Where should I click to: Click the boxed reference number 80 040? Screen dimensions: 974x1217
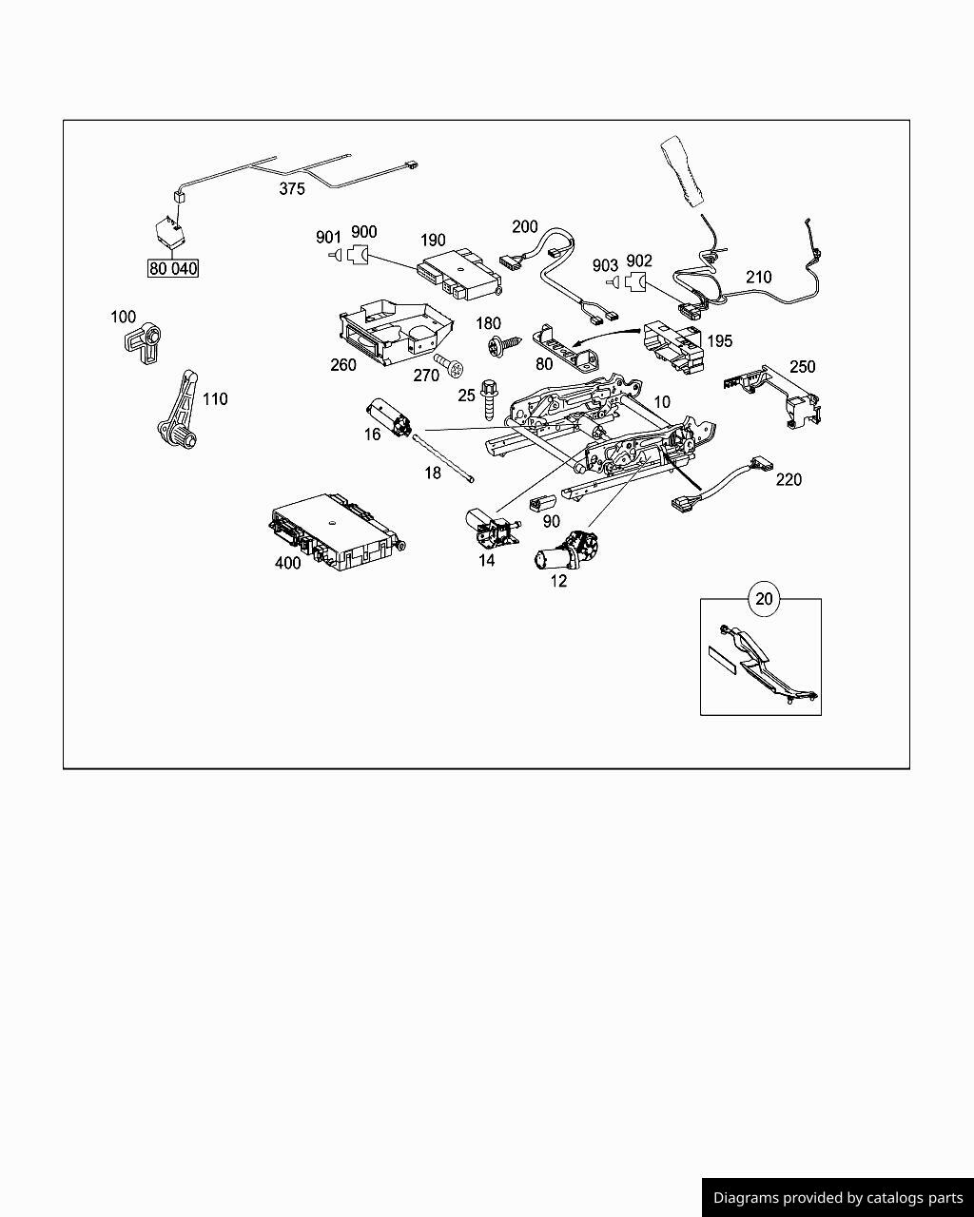172,268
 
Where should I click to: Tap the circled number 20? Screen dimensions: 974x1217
764,599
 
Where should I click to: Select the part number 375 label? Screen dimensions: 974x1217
292,189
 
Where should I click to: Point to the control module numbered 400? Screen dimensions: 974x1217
338,531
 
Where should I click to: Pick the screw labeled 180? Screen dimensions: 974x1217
501,345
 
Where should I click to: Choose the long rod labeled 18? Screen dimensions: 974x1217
443,457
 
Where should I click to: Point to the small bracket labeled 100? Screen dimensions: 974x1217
144,342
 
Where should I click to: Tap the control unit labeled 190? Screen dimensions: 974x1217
459,274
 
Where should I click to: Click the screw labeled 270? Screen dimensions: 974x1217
449,366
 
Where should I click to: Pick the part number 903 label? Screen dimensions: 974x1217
605,264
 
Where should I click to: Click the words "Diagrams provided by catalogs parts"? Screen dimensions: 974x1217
838,1198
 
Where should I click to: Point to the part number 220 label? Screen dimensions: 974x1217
789,479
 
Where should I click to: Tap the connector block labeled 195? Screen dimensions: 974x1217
674,346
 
